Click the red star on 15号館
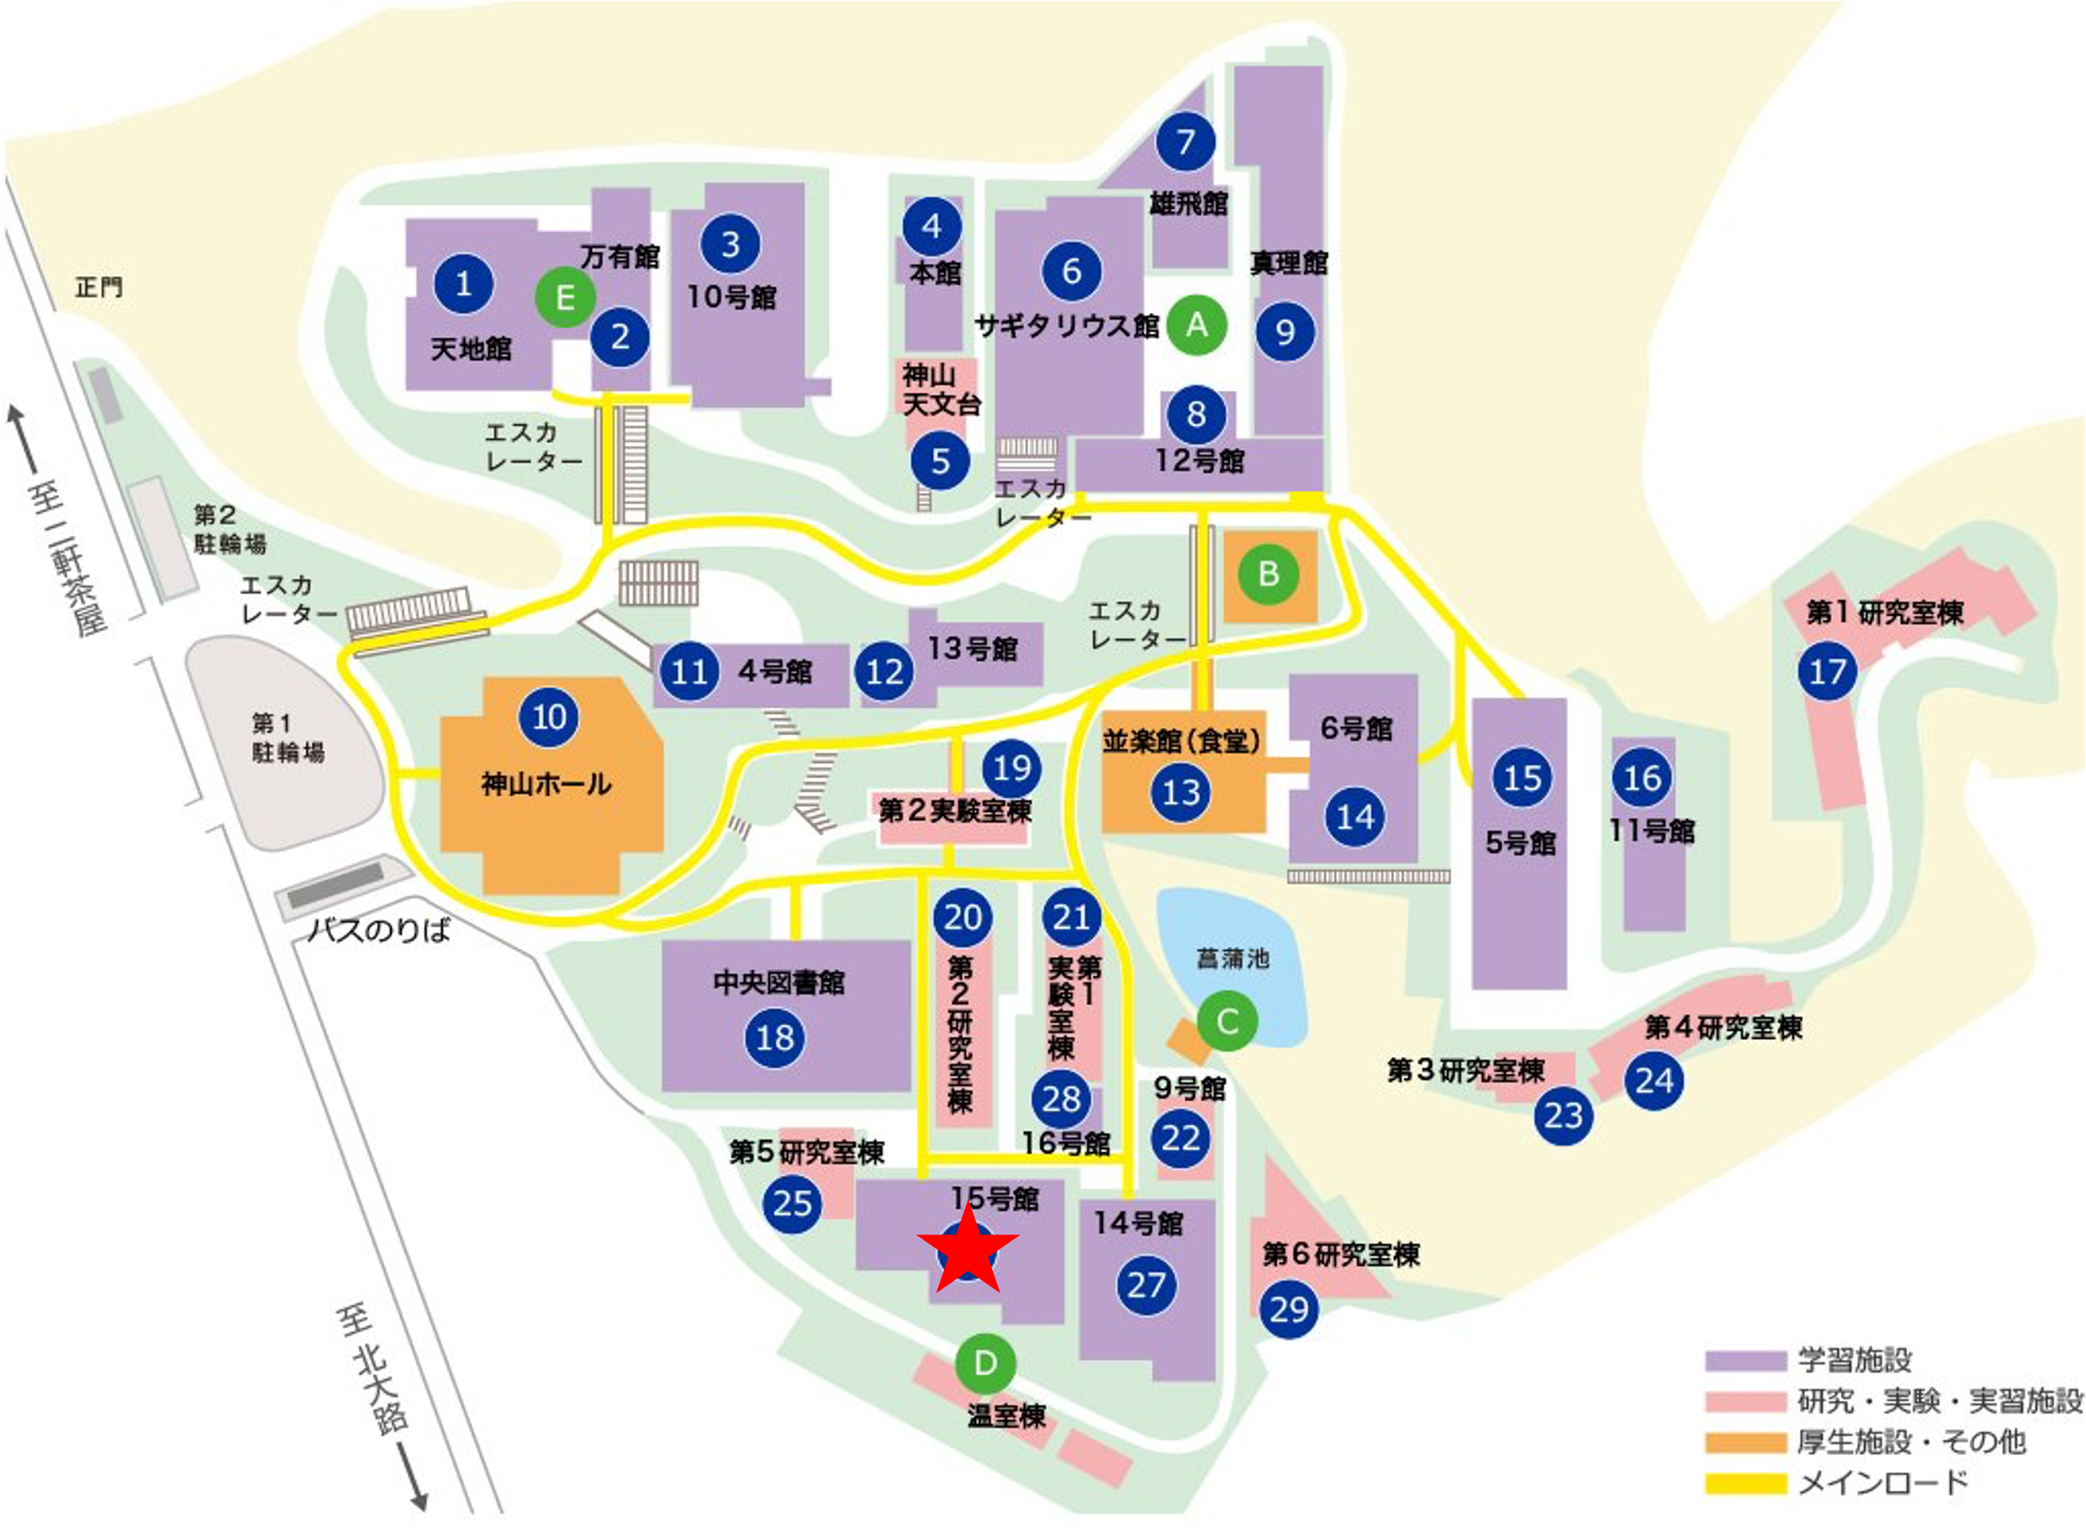[967, 1249]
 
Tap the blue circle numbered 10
[550, 717]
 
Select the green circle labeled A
[1196, 325]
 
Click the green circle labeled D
[985, 1362]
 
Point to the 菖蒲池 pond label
[1233, 958]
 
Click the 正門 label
[99, 287]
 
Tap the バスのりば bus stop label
[379, 929]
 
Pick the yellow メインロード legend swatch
[1746, 1483]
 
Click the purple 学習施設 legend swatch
[1746, 1361]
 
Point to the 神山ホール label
[547, 784]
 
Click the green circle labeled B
[1268, 574]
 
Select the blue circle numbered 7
[1185, 142]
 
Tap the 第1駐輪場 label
[287, 737]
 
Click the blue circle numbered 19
[1012, 767]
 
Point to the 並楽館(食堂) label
[1181, 741]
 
